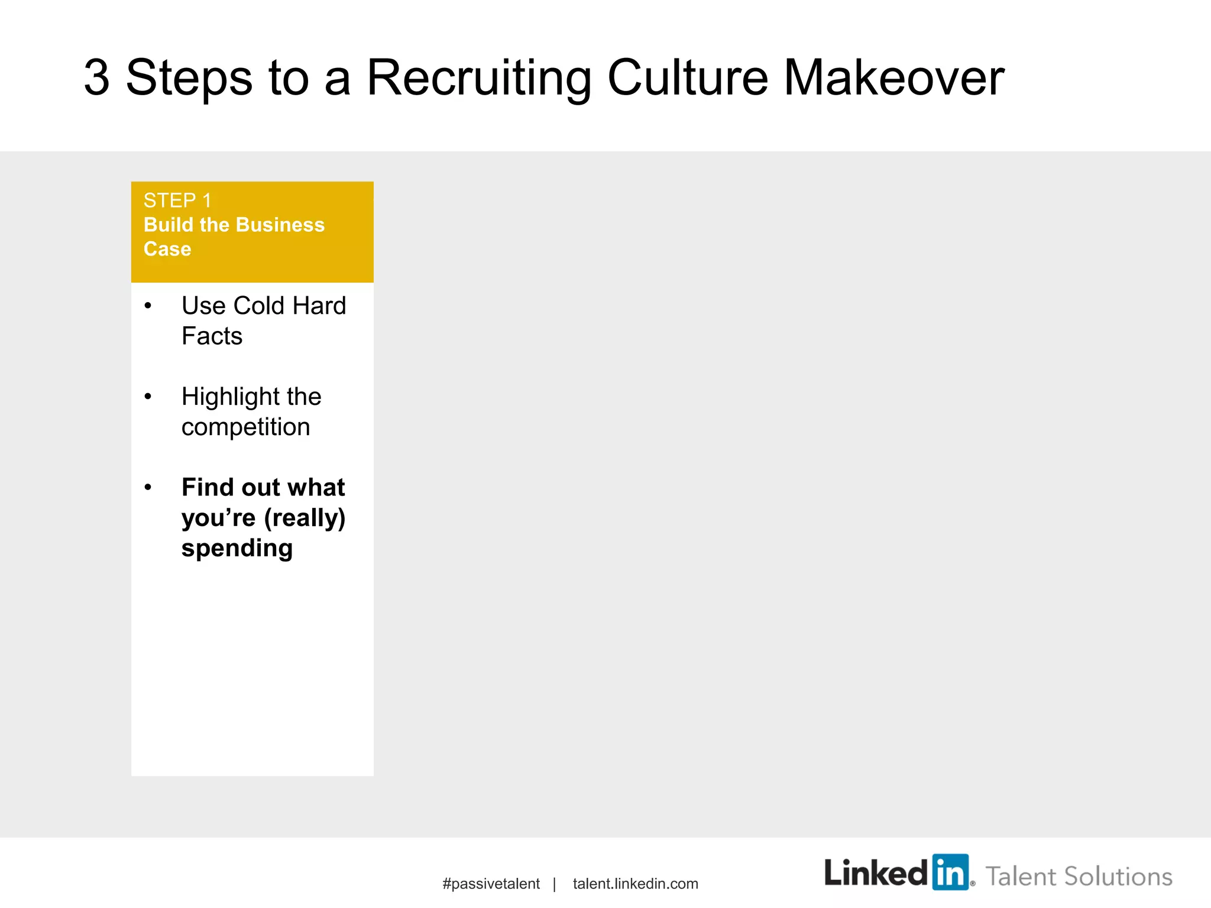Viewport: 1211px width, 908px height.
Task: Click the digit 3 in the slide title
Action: click(97, 77)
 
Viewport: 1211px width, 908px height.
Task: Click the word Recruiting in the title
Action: click(479, 79)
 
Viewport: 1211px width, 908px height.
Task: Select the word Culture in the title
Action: click(688, 77)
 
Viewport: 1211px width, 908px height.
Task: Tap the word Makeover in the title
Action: click(893, 77)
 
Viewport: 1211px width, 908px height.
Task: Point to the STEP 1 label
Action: click(177, 201)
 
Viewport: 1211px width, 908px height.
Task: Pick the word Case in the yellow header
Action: click(167, 249)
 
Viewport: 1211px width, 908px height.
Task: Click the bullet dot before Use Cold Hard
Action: click(148, 306)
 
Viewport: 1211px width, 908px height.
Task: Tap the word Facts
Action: click(212, 336)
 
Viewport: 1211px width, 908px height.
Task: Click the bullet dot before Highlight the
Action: click(148, 397)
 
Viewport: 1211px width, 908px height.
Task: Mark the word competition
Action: click(245, 427)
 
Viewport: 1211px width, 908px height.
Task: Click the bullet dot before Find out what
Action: click(148, 488)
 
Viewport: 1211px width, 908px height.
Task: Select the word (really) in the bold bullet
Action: click(305, 518)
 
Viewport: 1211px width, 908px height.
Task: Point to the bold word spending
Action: click(237, 549)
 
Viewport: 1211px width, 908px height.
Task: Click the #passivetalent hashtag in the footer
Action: click(491, 884)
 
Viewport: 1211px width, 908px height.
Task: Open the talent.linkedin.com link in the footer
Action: click(635, 884)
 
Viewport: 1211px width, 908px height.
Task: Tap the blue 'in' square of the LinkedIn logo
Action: click(950, 872)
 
